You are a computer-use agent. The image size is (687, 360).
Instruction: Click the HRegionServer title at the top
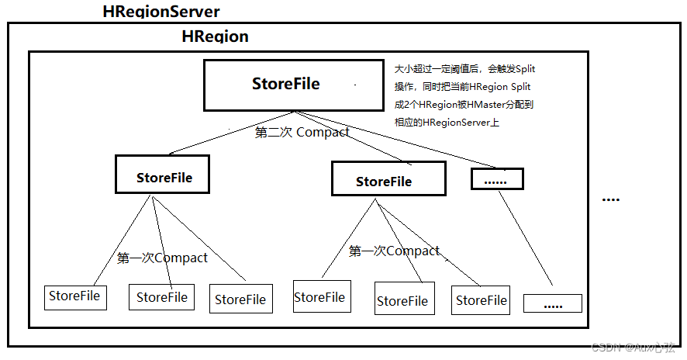[x=161, y=12]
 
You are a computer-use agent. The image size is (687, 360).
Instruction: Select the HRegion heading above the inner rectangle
[x=215, y=36]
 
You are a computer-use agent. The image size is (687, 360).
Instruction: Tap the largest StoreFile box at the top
[x=285, y=85]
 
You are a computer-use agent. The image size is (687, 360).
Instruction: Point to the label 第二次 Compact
[x=302, y=133]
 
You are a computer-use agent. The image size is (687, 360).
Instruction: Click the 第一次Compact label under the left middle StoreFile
[x=162, y=258]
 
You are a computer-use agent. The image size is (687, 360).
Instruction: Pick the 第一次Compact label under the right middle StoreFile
[x=394, y=251]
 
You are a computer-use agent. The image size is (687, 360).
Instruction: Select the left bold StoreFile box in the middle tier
[x=164, y=175]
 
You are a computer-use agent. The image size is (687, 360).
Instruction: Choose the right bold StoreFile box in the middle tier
[x=388, y=179]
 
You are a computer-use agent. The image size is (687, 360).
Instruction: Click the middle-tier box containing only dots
[x=497, y=179]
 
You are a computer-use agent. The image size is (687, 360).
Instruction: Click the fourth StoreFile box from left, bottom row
[x=320, y=297]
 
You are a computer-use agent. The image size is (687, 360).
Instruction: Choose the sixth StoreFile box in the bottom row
[x=481, y=300]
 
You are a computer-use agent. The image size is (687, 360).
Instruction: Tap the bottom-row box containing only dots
[x=552, y=303]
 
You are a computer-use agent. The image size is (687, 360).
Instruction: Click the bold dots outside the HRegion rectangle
[x=611, y=199]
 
